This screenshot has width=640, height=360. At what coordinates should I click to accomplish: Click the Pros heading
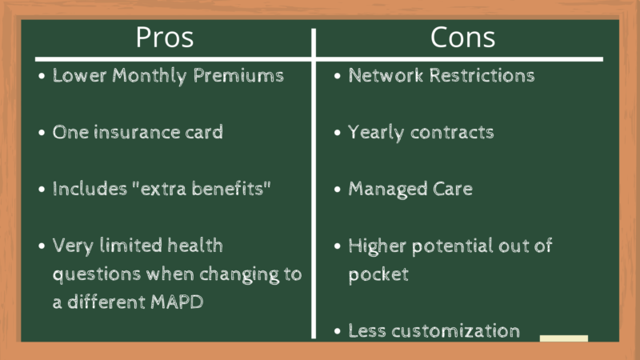165,38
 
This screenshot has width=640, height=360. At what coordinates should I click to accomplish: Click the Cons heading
462,38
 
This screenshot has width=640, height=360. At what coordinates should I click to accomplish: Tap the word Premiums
238,75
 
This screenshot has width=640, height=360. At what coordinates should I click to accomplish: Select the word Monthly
150,76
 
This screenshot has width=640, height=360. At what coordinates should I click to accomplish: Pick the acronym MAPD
177,302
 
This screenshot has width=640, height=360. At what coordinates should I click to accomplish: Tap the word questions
97,274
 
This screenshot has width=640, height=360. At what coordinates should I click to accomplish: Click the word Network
386,75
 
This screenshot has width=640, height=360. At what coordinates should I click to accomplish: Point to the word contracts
452,132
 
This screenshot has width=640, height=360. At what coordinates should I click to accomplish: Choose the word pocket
378,274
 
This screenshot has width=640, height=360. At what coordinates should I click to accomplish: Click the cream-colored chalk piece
564,338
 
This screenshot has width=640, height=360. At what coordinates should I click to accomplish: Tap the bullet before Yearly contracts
337,133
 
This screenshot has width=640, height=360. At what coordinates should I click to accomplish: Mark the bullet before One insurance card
42,133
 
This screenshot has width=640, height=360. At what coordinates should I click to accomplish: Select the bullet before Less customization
337,331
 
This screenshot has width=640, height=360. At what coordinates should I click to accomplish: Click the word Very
73,246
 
